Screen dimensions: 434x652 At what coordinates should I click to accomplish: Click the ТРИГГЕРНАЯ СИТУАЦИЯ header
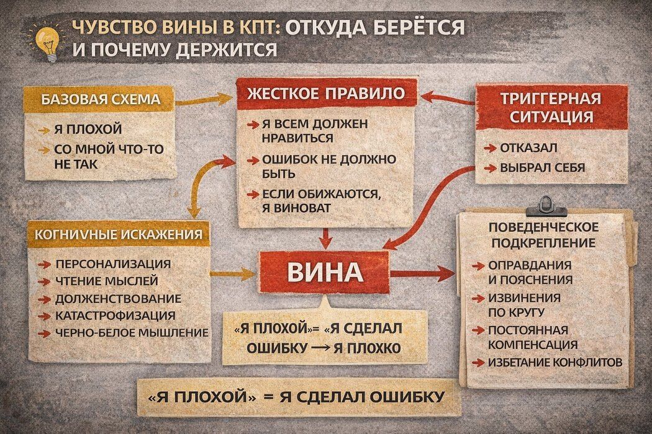click(x=551, y=107)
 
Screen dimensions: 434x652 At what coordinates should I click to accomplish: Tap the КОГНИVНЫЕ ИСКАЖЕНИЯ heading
click(x=119, y=234)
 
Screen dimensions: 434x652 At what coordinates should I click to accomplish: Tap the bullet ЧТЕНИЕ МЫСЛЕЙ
click(x=106, y=281)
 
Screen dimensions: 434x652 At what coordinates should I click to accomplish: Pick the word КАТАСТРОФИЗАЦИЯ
click(x=115, y=316)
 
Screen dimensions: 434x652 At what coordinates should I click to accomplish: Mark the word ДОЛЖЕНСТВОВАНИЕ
click(x=118, y=298)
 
